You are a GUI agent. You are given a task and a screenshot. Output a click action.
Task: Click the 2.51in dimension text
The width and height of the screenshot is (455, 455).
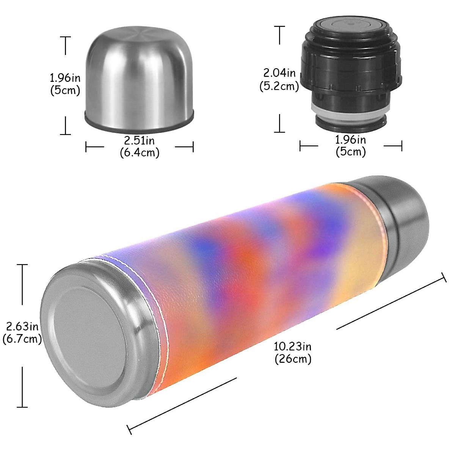click(x=140, y=141)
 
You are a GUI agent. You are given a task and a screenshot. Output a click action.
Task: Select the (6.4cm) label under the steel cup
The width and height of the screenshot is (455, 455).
click(x=140, y=152)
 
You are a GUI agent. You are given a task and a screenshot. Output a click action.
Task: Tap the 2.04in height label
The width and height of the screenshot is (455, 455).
click(x=279, y=72)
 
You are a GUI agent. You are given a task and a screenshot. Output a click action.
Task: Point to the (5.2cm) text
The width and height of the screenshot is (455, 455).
click(x=279, y=86)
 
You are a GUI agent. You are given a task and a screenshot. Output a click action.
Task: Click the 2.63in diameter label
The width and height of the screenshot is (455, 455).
click(x=22, y=326)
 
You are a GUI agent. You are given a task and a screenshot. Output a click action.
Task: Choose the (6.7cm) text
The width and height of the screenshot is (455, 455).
click(x=22, y=339)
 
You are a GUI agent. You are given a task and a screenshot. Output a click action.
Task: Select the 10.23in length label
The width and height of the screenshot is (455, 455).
click(x=293, y=346)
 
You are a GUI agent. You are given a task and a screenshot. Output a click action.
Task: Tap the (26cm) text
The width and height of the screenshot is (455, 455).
click(x=293, y=358)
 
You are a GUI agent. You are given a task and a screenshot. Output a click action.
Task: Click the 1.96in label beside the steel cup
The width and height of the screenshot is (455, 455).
click(x=65, y=78)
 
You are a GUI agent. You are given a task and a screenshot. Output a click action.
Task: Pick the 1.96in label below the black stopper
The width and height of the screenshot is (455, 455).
click(x=351, y=140)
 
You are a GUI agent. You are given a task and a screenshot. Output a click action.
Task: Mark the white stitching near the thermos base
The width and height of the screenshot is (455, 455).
click(x=161, y=322)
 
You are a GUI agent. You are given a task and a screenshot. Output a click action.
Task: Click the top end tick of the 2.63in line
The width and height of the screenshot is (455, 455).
click(x=22, y=265)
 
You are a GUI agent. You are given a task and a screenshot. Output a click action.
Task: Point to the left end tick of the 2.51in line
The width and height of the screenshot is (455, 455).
click(x=86, y=147)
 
